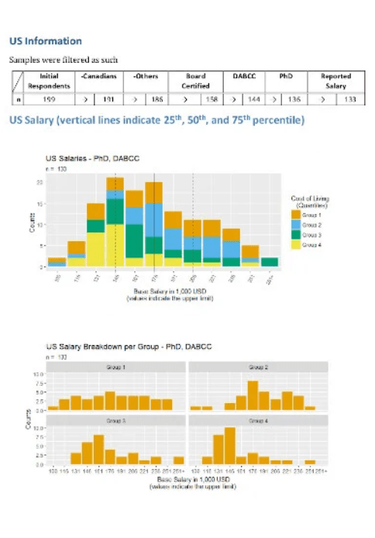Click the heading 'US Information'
[45, 40]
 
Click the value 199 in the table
[48, 99]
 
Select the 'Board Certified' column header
[196, 81]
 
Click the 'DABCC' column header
[244, 77]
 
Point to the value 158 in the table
[209, 99]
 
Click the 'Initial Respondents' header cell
[48, 81]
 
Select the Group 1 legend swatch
[295, 214]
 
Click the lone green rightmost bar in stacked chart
[270, 262]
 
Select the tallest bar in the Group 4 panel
[229, 444]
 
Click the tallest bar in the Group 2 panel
[253, 394]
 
